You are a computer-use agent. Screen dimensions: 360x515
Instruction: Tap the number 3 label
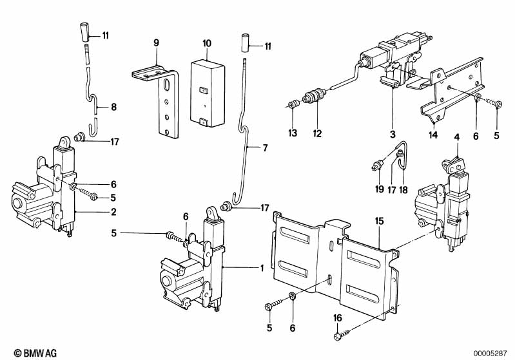click(x=392, y=134)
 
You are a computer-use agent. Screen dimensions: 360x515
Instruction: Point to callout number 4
click(x=456, y=137)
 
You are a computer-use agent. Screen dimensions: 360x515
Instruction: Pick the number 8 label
click(x=113, y=108)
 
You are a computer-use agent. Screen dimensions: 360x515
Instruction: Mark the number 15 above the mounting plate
click(x=380, y=220)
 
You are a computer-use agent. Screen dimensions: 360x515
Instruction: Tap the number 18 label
click(x=404, y=189)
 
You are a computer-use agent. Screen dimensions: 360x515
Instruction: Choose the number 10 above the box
click(x=206, y=43)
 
